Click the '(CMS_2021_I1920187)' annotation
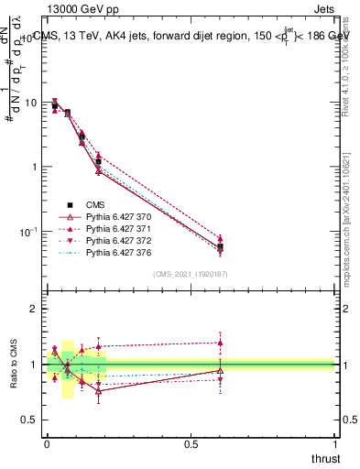click(x=190, y=274)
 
